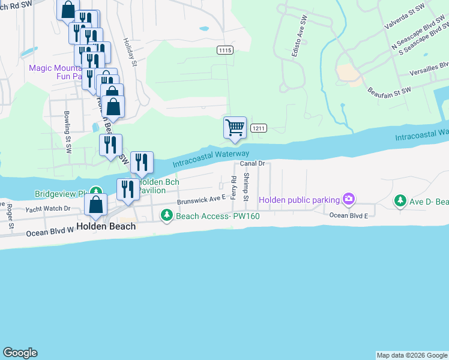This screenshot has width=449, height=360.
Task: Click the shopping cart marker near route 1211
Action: point(235,127)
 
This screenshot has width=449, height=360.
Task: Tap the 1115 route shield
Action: point(225,51)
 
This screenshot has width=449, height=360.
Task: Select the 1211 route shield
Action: point(259,128)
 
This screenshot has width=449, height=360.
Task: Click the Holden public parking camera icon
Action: point(348,199)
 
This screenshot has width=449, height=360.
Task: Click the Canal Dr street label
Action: point(253,163)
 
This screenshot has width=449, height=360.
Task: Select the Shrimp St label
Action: point(246,187)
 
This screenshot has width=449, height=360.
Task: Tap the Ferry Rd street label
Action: point(234,188)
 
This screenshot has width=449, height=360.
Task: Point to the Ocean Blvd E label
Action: point(348,215)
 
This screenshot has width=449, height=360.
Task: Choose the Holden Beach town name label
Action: point(106,227)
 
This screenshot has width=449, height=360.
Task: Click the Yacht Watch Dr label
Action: point(48,209)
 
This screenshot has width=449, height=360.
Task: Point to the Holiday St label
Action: point(131,52)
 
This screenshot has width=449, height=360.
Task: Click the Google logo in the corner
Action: point(20,353)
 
